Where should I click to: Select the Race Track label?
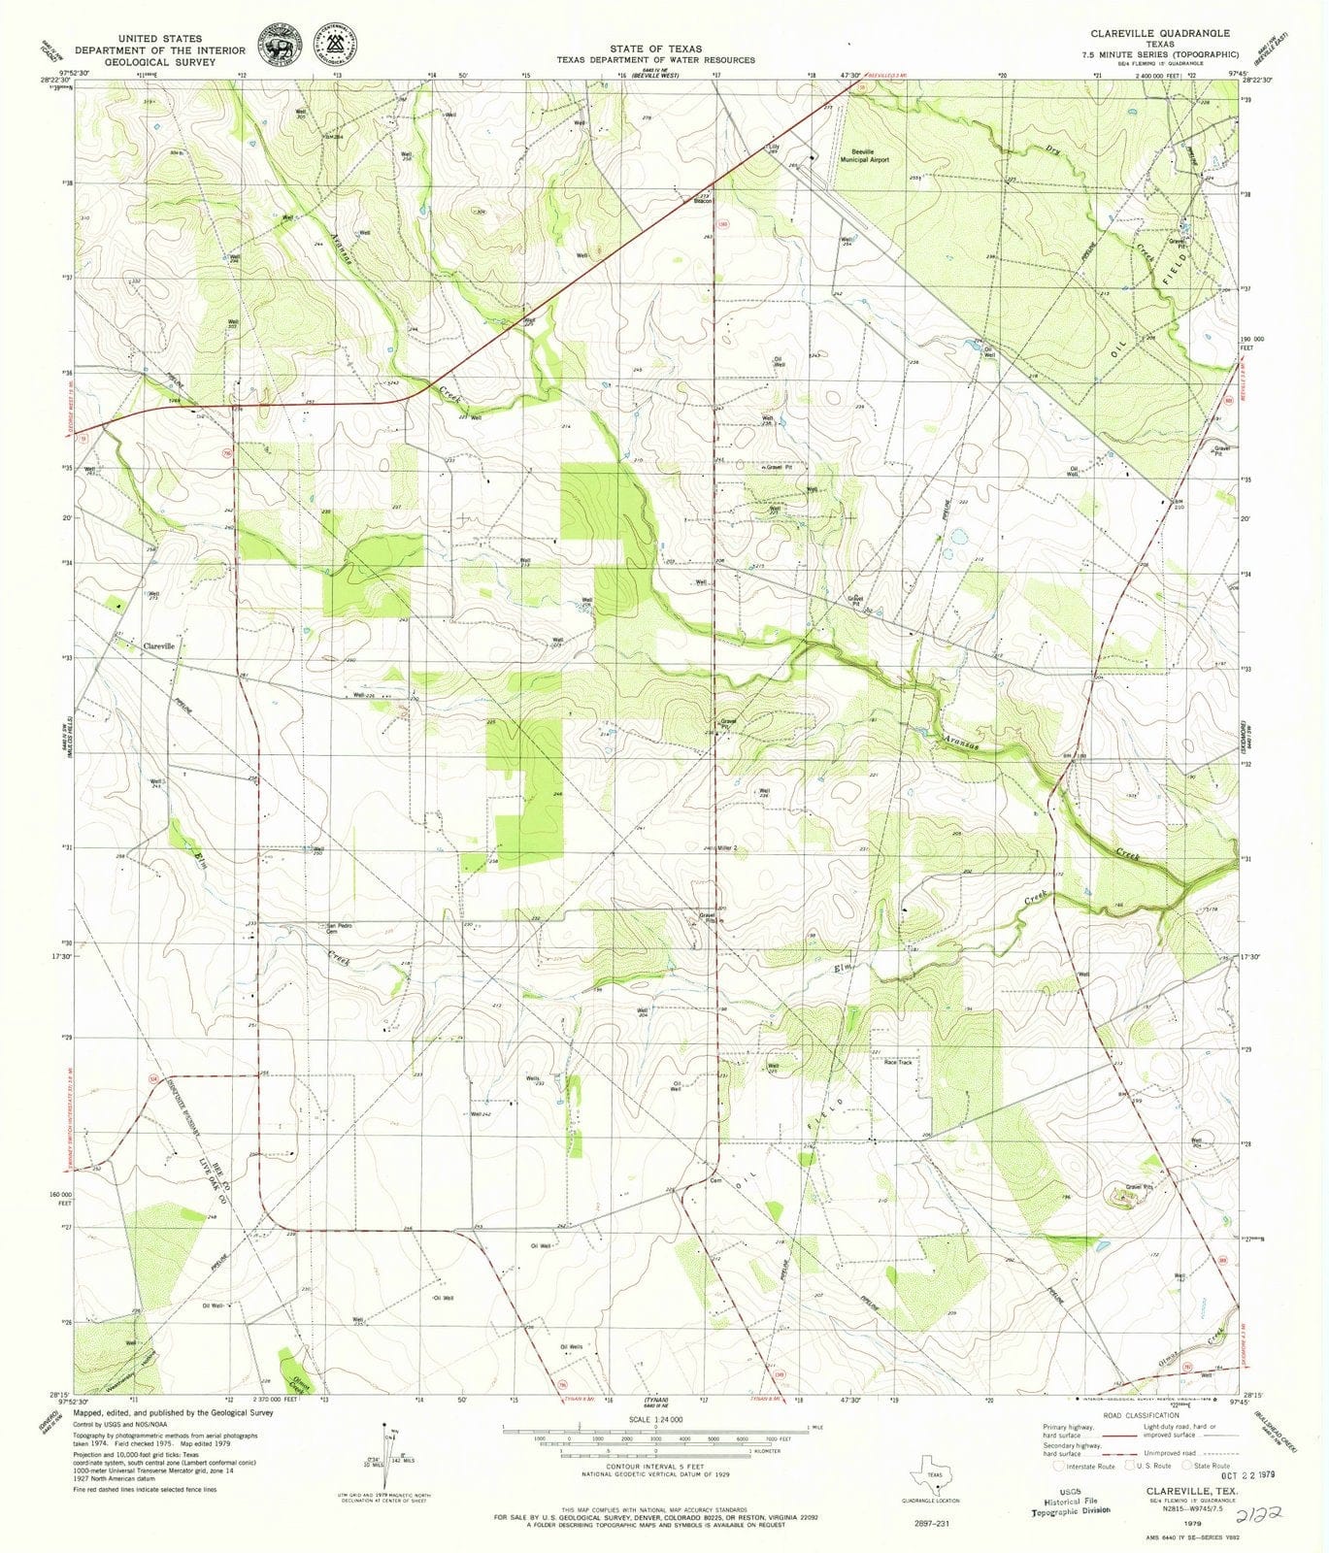pos(897,1063)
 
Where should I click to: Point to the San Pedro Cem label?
pos(338,927)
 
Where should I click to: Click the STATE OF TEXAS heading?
pos(655,48)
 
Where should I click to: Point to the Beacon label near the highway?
pos(703,202)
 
